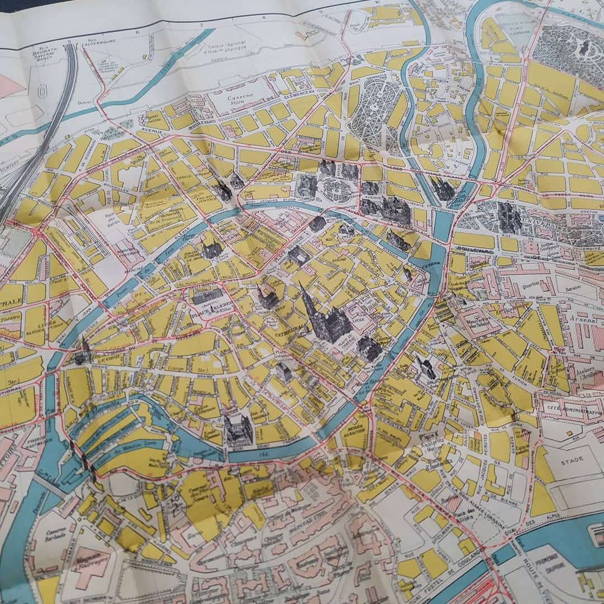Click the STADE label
(x=572, y=459)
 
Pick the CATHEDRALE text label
(x=291, y=329)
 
